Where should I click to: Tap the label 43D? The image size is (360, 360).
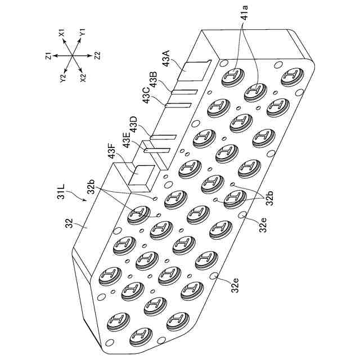[x=133, y=124]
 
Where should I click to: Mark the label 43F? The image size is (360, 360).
[x=112, y=153]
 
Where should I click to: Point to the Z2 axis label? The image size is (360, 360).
[x=97, y=57]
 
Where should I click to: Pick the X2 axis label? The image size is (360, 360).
[x=84, y=78]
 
